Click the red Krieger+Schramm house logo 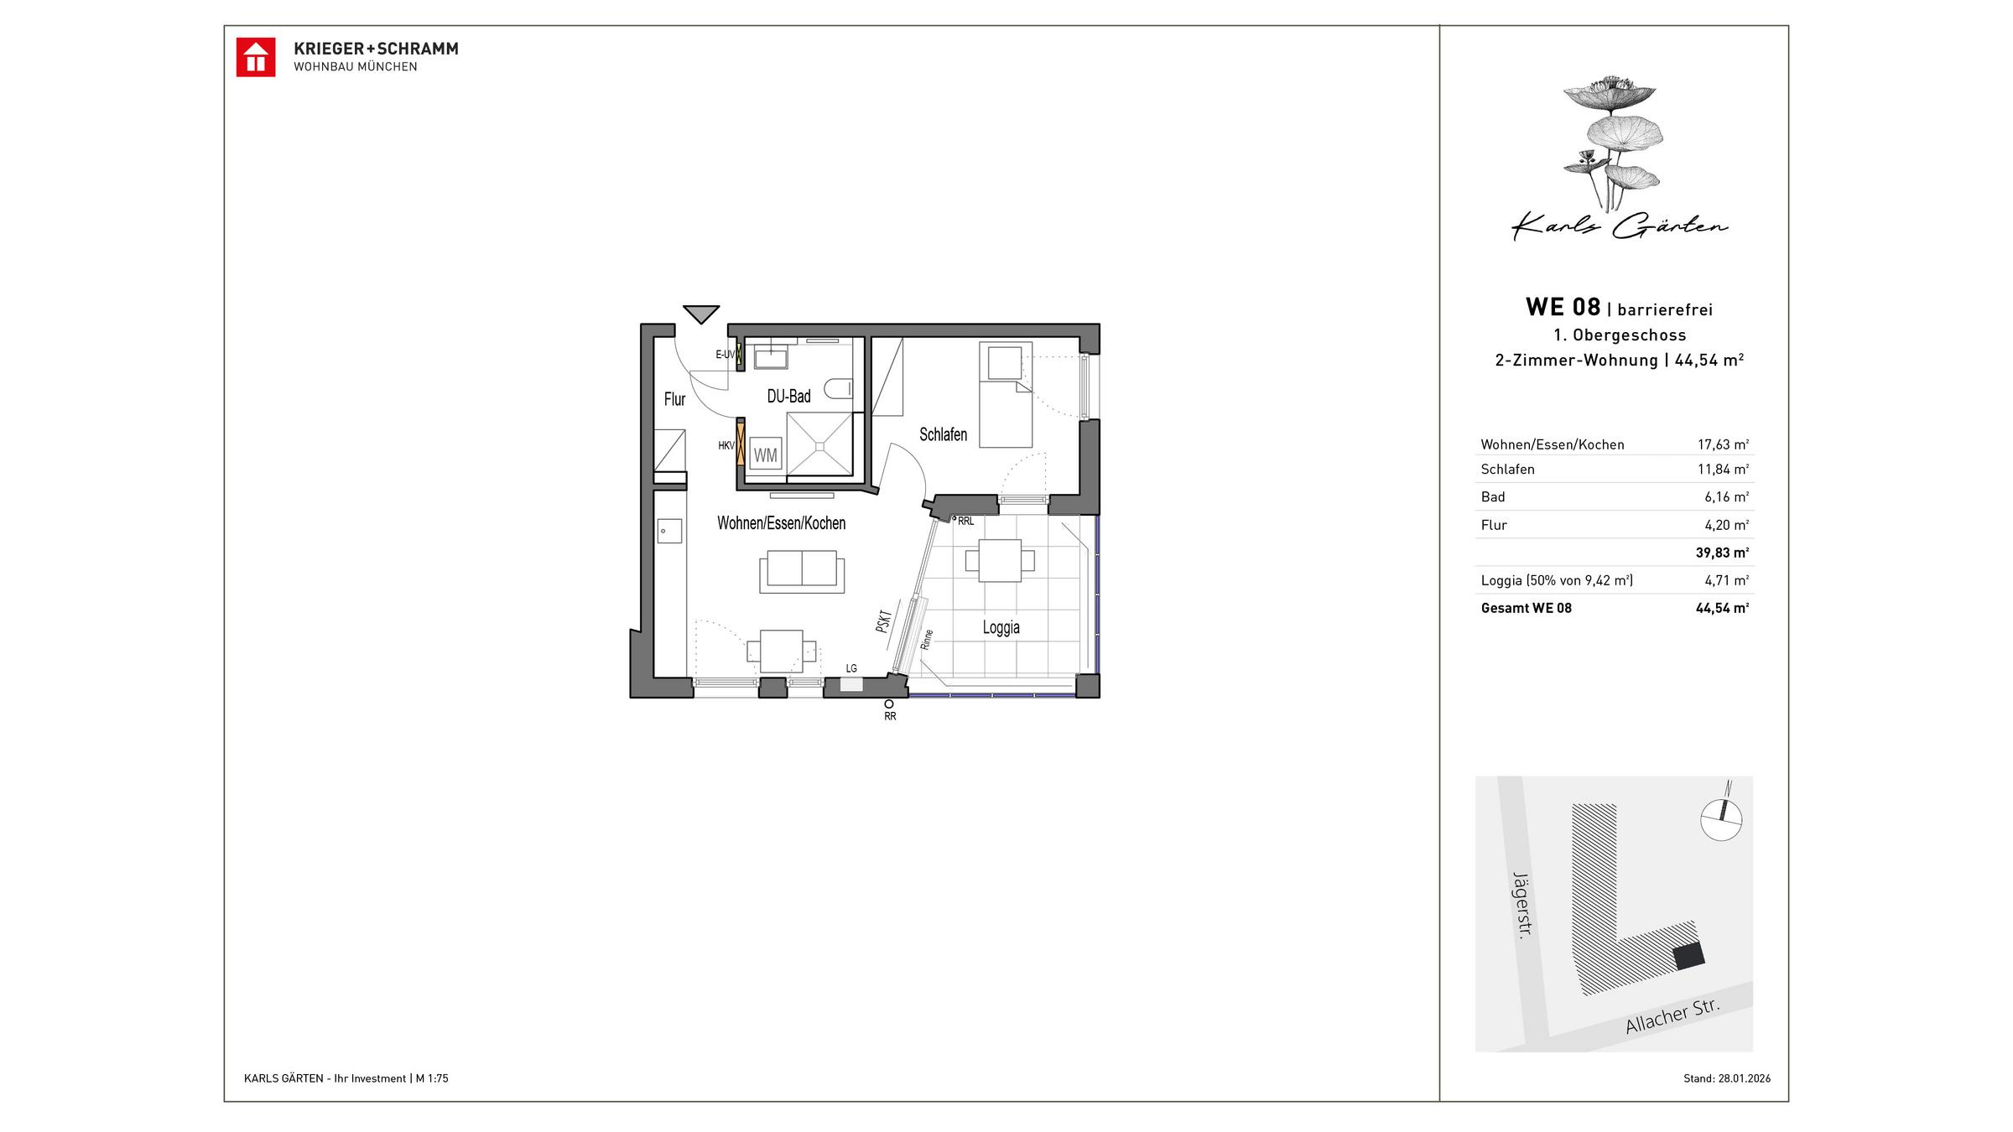point(255,57)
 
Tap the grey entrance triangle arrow point(700,313)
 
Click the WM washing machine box point(765,455)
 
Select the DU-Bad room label point(788,397)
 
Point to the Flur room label point(674,399)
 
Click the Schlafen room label point(943,434)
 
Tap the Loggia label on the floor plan point(1001,627)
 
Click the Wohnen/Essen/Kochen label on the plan point(781,523)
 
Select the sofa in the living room point(802,570)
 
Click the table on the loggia point(1000,560)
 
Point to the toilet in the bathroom point(838,388)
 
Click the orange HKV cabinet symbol point(741,446)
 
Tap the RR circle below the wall point(889,704)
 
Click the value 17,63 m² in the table point(1723,444)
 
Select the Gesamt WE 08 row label point(1526,608)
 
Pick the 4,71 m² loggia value point(1726,580)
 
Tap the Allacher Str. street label point(1672,1016)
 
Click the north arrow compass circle point(1721,819)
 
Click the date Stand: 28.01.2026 point(1726,1078)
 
